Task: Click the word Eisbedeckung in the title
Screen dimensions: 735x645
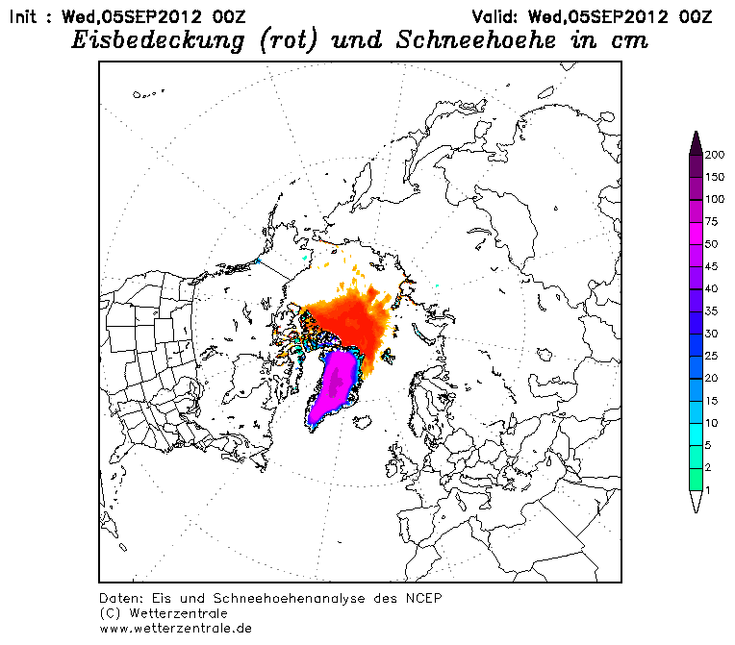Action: coord(158,40)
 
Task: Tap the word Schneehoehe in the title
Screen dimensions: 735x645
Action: coord(476,39)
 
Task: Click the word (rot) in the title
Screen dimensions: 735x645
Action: coord(288,40)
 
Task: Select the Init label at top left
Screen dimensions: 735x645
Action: coord(22,17)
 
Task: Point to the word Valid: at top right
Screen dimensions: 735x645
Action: coord(494,17)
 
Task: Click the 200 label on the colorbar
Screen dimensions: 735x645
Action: coord(715,155)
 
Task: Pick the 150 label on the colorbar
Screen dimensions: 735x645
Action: coord(715,177)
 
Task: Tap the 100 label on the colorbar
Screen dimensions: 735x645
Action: coord(715,199)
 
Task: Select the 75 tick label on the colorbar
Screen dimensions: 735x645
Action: coord(712,221)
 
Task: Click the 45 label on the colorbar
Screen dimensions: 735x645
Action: coord(712,266)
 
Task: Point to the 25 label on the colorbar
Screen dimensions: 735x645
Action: coord(712,356)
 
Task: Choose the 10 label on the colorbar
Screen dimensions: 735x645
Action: coord(712,423)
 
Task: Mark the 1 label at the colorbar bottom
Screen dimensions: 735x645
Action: coord(708,490)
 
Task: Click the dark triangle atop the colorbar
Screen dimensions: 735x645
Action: coord(697,144)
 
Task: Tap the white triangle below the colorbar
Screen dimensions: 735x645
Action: coord(697,500)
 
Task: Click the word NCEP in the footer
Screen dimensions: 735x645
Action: coord(423,598)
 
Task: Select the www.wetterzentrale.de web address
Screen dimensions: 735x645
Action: coord(176,629)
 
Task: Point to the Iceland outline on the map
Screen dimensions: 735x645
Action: coord(363,422)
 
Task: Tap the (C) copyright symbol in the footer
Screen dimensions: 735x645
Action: coord(111,613)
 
